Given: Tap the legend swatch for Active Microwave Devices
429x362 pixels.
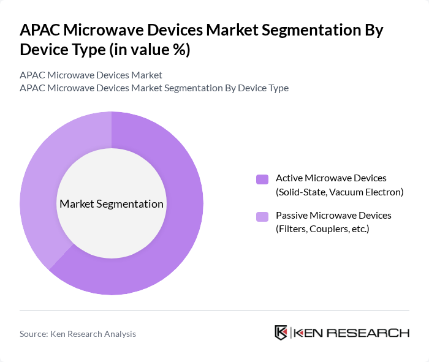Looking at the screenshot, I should coord(262,179).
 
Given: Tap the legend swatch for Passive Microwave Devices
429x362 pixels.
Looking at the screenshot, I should coord(262,216).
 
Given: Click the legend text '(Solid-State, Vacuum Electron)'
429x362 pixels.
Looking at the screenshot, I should coord(340,192).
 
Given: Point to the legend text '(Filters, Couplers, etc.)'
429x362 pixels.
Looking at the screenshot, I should coord(323,229).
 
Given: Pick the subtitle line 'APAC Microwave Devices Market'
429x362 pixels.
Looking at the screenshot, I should coord(91,75).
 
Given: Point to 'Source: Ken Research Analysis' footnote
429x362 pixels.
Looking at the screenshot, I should coord(78,334).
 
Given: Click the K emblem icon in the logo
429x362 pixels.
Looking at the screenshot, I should coord(281,333).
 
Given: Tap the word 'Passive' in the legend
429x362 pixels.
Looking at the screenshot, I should coord(291,216).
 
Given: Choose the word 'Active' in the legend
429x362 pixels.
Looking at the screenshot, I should coord(289,178).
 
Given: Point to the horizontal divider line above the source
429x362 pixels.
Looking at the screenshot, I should coord(214,310).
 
